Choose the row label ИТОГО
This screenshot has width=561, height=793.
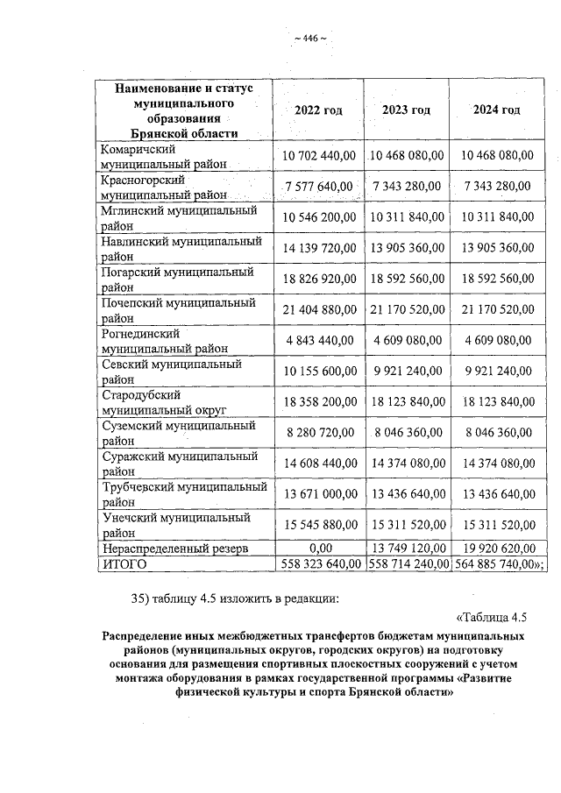(124, 564)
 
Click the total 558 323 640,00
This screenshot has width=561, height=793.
(318, 564)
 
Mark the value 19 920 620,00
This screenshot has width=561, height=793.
(496, 549)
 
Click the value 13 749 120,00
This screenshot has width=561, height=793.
(407, 549)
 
